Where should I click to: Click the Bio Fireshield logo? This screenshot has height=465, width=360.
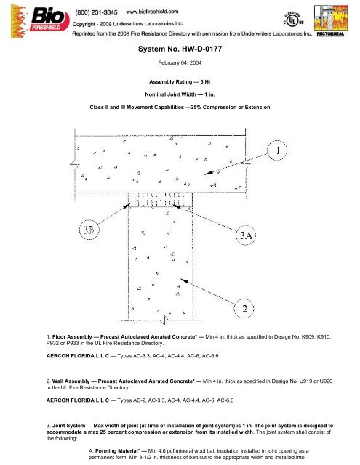tap(40, 21)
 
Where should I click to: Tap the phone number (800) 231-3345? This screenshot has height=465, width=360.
tap(96, 12)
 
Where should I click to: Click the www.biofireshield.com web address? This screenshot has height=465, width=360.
tap(152, 12)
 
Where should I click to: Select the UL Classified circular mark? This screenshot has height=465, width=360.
tap(294, 20)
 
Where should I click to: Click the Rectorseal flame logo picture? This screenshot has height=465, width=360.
tap(331, 17)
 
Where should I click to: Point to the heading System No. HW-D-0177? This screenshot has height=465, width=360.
tap(180, 49)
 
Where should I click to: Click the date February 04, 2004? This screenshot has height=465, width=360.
tap(180, 63)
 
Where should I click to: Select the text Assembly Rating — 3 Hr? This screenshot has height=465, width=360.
tap(180, 82)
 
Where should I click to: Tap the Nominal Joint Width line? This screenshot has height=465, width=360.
tap(180, 94)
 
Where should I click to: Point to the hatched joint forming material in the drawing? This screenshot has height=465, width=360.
tap(160, 199)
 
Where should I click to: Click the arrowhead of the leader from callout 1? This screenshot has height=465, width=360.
tap(205, 174)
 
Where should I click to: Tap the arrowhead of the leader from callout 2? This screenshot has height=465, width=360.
tap(181, 279)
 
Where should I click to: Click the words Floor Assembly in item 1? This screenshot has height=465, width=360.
tap(72, 337)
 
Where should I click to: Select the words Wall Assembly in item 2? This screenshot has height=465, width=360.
tap(71, 381)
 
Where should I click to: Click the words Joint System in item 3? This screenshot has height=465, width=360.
tap(69, 426)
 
